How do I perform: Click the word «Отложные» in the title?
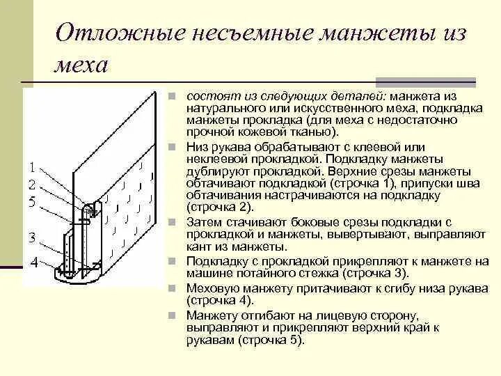[106, 35]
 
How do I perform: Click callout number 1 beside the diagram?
[31, 167]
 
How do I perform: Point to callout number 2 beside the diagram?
[31, 185]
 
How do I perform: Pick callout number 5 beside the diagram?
[31, 202]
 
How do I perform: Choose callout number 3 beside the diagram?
[31, 237]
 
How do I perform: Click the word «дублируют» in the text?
[214, 169]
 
